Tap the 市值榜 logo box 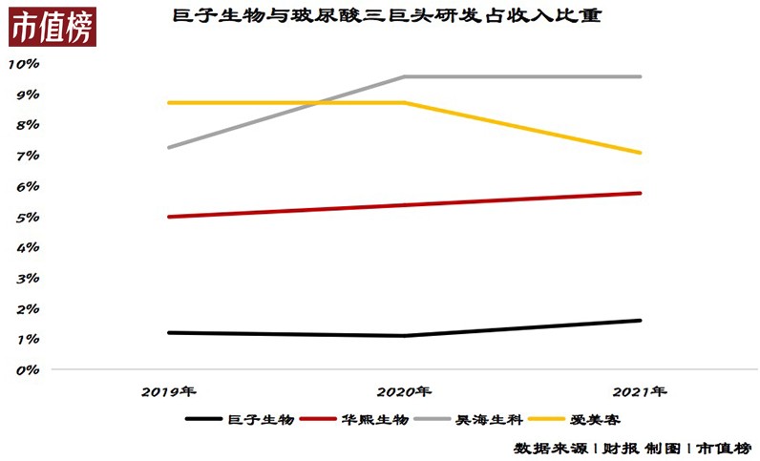click(x=53, y=31)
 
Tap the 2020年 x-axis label click(x=404, y=391)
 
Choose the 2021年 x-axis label click(x=640, y=391)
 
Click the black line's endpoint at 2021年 click(x=641, y=321)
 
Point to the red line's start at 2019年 click(x=168, y=217)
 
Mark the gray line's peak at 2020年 click(x=405, y=76)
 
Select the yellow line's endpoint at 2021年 click(x=641, y=153)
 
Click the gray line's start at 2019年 click(x=168, y=148)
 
